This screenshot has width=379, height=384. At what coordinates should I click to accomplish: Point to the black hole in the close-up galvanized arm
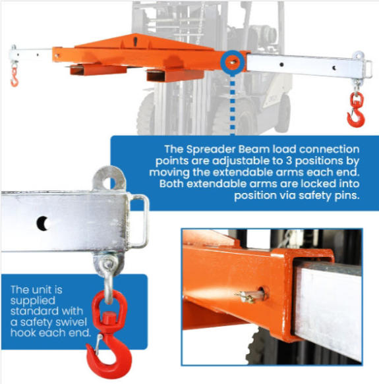pos(43,223)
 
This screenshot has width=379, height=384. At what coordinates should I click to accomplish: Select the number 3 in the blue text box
pos(289,161)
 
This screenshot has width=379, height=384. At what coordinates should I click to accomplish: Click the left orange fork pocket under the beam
pos(98,70)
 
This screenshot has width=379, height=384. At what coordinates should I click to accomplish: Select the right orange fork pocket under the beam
pos(175,75)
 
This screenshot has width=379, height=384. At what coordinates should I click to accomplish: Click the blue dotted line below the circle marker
pos(233,105)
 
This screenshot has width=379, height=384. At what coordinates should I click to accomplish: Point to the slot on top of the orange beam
pos(135,41)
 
